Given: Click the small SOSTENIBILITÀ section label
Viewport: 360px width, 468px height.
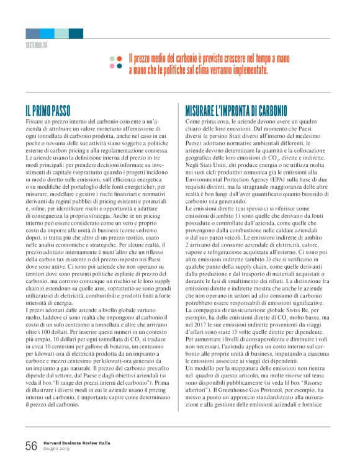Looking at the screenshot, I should click(37, 45).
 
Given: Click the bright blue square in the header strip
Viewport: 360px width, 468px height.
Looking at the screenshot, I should click(47, 34).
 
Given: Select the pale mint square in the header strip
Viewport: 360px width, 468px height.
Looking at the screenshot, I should click(61, 34).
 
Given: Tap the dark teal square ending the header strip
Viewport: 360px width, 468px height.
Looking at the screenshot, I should click(76, 34).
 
